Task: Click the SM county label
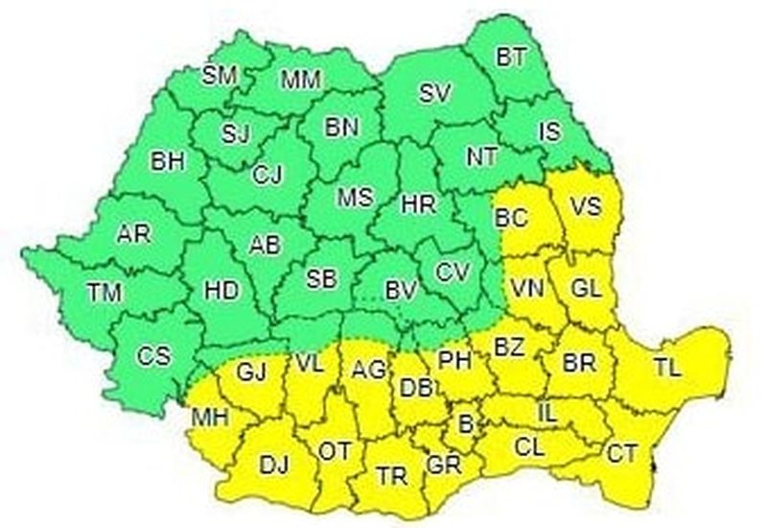pyautogui.click(x=221, y=75)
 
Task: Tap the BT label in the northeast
pyautogui.click(x=511, y=57)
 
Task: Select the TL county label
pyautogui.click(x=668, y=368)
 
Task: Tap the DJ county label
pyautogui.click(x=274, y=466)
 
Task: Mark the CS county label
pyautogui.click(x=152, y=355)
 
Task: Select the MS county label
pyautogui.click(x=354, y=199)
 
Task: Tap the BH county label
pyautogui.click(x=167, y=161)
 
